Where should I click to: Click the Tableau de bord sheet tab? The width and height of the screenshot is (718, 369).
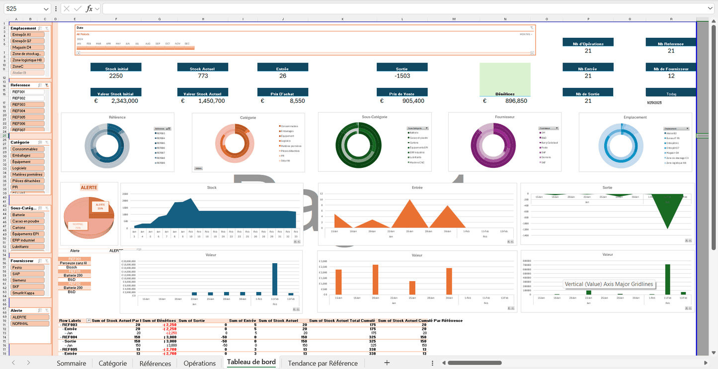click(251, 363)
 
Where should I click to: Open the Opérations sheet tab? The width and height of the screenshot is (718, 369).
click(199, 363)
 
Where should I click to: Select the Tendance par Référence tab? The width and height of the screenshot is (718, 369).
click(322, 363)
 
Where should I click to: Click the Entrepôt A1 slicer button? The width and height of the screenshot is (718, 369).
click(27, 35)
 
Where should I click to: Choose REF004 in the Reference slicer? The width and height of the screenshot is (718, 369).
click(27, 111)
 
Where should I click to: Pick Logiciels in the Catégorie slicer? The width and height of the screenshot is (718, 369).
click(27, 168)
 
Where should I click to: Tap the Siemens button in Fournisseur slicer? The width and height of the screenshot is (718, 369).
click(27, 280)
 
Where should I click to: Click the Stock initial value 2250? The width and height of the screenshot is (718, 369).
click(116, 76)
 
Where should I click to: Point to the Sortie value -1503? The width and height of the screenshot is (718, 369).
click(402, 76)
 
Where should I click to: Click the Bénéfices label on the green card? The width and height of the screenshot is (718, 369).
click(505, 94)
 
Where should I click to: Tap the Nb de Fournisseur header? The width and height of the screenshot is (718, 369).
click(671, 69)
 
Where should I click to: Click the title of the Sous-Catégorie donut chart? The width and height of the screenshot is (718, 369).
click(374, 117)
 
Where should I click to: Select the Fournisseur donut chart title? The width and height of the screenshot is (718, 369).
click(504, 117)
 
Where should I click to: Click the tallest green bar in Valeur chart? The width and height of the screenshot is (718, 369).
click(667, 280)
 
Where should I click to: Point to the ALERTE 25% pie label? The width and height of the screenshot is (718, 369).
click(100, 206)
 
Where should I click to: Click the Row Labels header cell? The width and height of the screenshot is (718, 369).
click(72, 321)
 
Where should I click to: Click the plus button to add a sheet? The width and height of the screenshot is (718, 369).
click(387, 363)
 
